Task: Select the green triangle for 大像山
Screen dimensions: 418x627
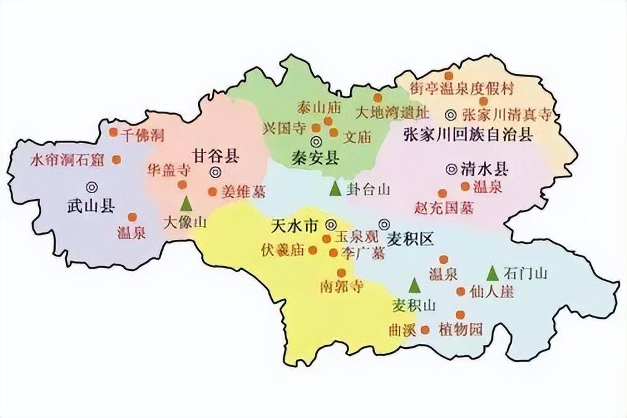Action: coord(186,203)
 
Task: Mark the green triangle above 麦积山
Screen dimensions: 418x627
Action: coord(414,286)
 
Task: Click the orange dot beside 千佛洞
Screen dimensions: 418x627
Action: coord(113,132)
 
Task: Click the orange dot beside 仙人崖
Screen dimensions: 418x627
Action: coord(461,291)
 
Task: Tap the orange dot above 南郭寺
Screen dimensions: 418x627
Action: coord(342,272)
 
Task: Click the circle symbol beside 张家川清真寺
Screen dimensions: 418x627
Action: coord(450,114)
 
